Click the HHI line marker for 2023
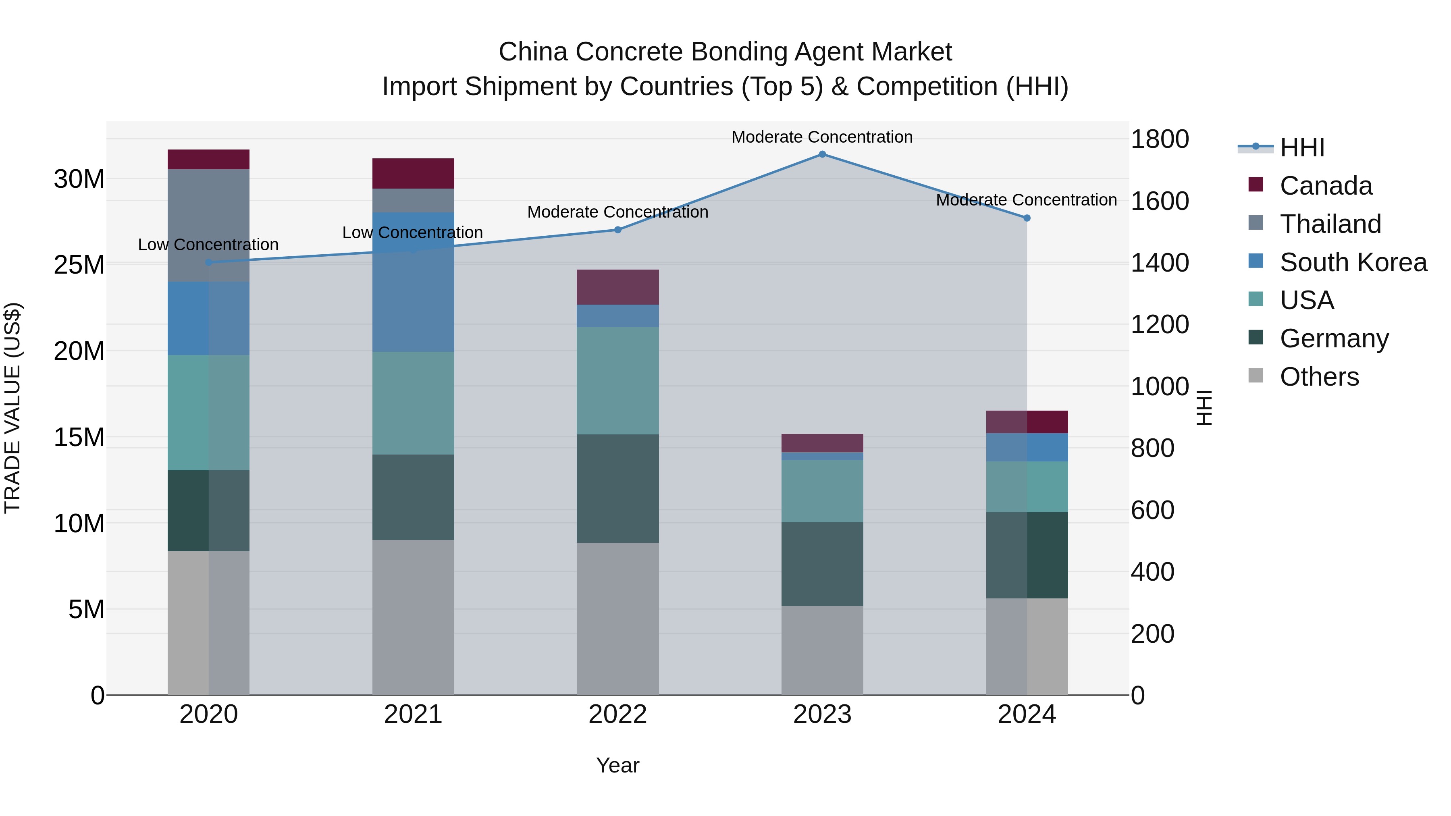coord(822,154)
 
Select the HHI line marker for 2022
coord(617,230)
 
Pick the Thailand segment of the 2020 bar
coord(208,225)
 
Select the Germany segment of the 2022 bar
coord(617,488)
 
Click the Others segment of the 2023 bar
coord(822,650)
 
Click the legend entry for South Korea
coord(1353,262)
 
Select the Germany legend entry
coord(1334,338)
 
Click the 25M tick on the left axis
coord(79,265)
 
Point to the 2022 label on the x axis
coord(617,714)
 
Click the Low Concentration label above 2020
coord(208,245)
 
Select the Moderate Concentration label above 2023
coord(822,137)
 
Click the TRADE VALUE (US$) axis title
coord(12,408)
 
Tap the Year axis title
coord(617,765)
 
